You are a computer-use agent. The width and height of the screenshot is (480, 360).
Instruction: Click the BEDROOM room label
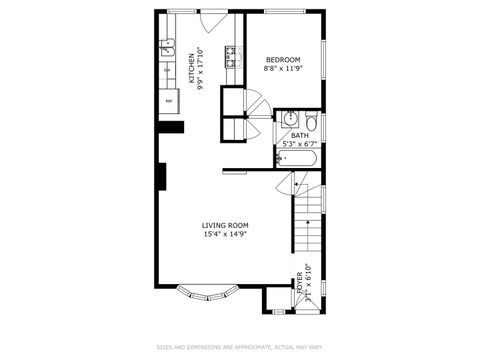[284, 59]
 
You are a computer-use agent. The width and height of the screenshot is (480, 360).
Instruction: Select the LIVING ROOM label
[225, 225]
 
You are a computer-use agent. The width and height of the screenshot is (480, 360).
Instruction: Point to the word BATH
[299, 135]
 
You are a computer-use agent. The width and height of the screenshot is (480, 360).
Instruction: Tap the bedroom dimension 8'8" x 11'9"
[284, 69]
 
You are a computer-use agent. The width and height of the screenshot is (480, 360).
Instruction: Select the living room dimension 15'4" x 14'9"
[225, 235]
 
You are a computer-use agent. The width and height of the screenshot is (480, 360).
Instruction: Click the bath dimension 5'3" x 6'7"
[299, 144]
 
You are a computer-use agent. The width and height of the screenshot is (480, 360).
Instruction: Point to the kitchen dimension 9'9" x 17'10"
[201, 69]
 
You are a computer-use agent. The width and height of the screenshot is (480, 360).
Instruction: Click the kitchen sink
[167, 46]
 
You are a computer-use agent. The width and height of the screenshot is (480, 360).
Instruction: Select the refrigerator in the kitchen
[169, 101]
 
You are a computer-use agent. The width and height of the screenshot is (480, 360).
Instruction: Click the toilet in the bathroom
[311, 122]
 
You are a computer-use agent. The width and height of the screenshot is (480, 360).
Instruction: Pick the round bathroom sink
[290, 119]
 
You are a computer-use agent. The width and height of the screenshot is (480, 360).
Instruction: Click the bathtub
[297, 158]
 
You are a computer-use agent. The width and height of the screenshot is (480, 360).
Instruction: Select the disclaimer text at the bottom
[239, 348]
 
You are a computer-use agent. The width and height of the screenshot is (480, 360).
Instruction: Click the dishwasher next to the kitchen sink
[167, 69]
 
